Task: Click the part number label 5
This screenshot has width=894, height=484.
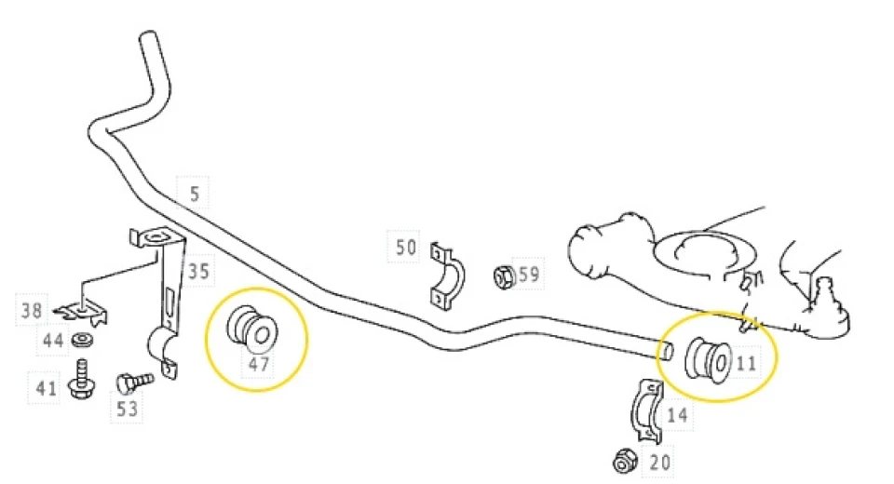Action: click(195, 194)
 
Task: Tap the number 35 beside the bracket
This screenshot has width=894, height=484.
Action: click(198, 271)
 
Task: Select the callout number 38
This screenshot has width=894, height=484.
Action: click(32, 311)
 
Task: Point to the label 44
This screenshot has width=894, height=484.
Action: click(53, 341)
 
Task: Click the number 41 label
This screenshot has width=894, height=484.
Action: click(47, 388)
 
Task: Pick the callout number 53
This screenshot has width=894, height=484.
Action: click(127, 409)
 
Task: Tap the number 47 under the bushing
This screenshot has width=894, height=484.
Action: click(259, 364)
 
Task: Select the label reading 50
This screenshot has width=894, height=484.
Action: click(406, 248)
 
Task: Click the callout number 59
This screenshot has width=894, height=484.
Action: click(529, 275)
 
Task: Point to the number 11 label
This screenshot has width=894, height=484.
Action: click(746, 363)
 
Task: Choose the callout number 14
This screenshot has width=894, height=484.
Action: click(677, 414)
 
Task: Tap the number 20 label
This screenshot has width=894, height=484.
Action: click(660, 462)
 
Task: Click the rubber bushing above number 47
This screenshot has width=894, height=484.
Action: click(252, 327)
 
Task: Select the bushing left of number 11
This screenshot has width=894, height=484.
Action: click(708, 359)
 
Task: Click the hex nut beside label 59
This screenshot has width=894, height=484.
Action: click(504, 276)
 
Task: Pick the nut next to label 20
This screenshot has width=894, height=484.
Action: click(626, 460)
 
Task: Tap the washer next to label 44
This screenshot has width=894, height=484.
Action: click(83, 341)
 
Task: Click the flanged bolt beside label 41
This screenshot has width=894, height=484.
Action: click(81, 379)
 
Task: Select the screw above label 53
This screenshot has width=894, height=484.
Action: click(134, 382)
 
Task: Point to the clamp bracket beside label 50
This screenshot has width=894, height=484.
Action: click(448, 276)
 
